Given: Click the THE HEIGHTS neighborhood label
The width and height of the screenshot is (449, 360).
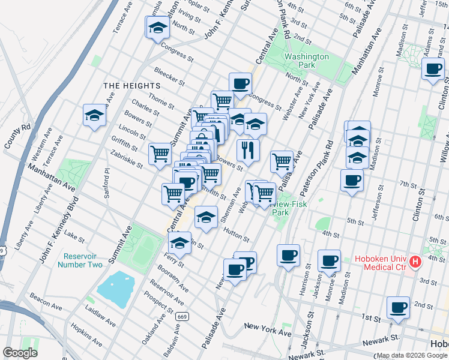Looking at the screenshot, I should [131, 86].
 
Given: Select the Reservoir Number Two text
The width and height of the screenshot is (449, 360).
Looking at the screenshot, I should [81, 260].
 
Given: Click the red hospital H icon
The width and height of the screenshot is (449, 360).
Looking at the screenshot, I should [415, 262].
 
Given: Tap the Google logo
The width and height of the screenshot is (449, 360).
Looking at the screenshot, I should [20, 353].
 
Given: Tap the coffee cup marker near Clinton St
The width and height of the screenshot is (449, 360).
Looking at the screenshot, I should [433, 68].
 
